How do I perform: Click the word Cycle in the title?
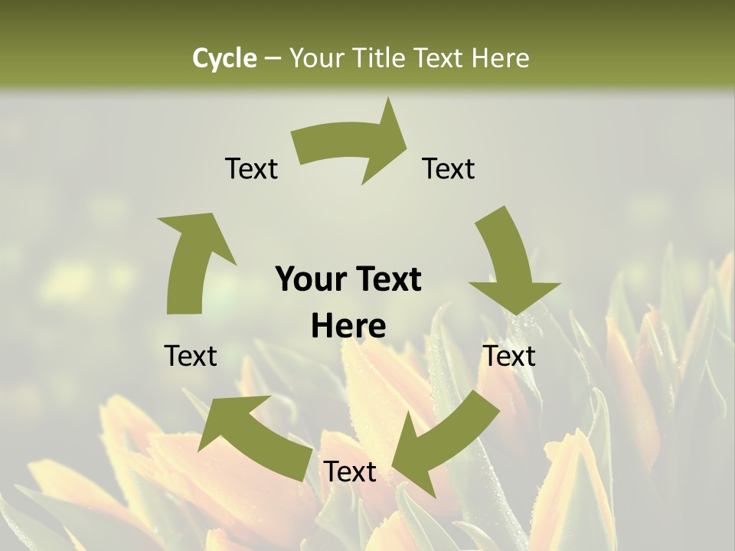click(224, 58)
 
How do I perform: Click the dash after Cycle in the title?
click(273, 59)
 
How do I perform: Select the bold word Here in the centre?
click(348, 327)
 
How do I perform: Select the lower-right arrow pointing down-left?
click(444, 436)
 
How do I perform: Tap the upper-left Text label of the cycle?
click(251, 168)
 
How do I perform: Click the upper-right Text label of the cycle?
click(449, 168)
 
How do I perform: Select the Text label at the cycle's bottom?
click(349, 471)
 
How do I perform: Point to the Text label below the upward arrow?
click(191, 356)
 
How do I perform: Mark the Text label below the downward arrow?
click(509, 356)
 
